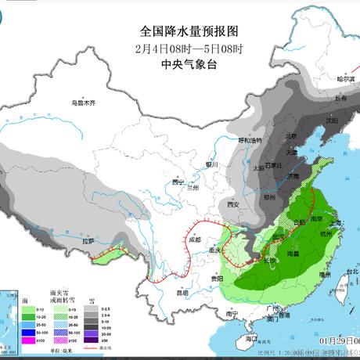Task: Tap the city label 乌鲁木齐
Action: (x=82, y=103)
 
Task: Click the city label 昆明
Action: (x=182, y=293)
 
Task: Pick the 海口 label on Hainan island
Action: (x=250, y=338)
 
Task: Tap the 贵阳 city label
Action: (x=217, y=278)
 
